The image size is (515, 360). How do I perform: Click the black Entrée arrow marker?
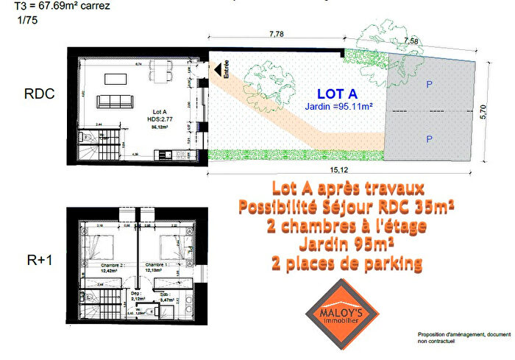[x=219, y=69]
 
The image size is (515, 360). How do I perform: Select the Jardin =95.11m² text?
[x=339, y=107]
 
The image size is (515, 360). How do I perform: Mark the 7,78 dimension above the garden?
[x=277, y=34]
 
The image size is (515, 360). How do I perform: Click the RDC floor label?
[x=39, y=95]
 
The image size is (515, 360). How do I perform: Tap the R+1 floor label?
[x=38, y=258]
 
